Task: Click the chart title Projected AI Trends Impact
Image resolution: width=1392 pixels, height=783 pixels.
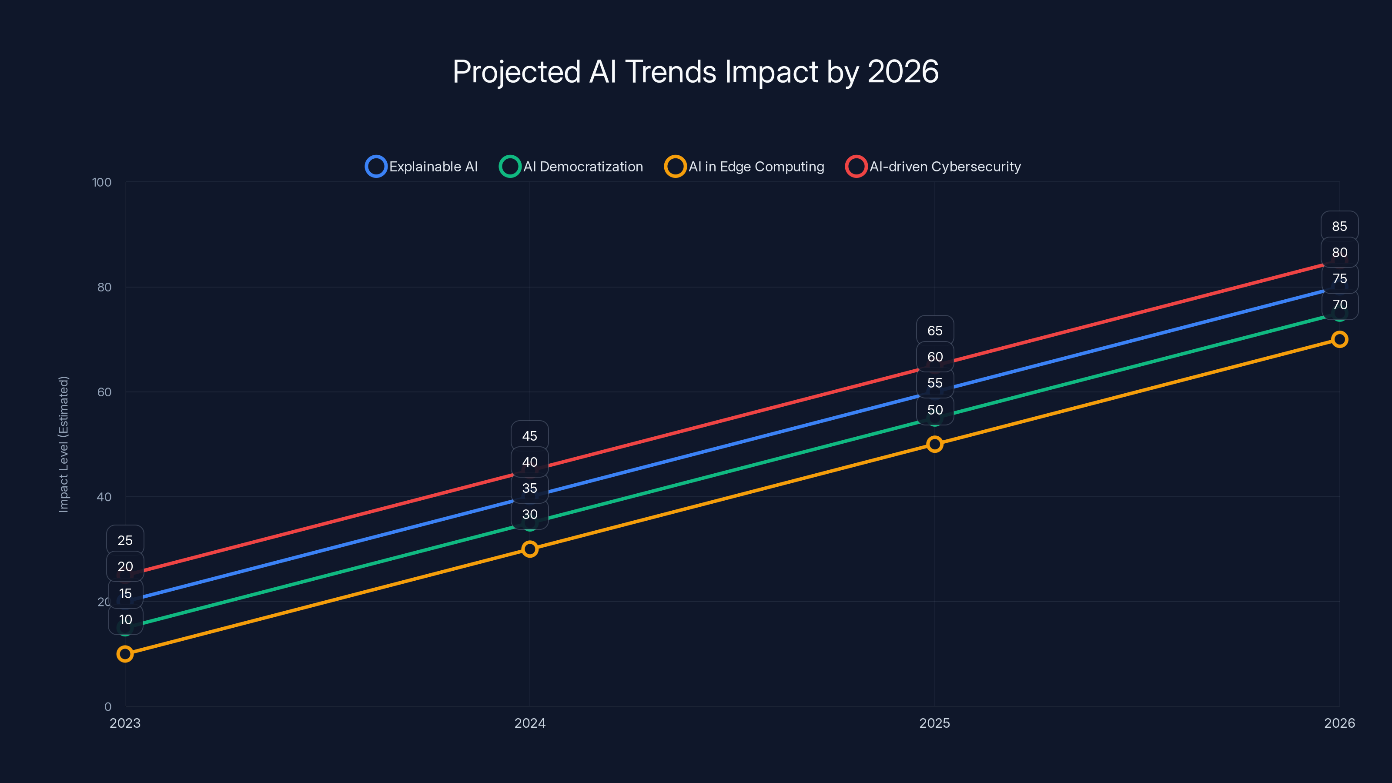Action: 696,72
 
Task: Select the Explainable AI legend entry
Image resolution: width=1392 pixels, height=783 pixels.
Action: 422,167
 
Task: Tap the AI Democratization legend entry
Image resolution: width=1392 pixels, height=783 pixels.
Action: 572,167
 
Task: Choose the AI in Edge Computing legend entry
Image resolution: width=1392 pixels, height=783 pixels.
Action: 745,167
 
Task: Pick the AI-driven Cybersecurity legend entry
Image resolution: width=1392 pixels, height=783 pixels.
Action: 933,167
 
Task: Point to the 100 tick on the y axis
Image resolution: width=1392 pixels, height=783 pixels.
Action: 102,183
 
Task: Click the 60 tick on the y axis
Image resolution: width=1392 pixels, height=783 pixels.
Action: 104,392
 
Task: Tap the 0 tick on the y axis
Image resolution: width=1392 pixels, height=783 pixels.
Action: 108,707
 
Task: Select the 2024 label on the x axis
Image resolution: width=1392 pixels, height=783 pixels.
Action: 529,723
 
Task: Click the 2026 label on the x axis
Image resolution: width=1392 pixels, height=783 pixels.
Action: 1339,723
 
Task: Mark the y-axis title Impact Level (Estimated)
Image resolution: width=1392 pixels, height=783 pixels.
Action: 64,444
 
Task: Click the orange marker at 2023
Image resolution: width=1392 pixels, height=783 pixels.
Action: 125,654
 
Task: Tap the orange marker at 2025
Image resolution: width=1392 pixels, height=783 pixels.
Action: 935,444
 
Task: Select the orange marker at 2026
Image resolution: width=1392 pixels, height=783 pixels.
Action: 1339,339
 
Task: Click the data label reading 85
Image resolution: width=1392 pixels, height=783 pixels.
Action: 1339,226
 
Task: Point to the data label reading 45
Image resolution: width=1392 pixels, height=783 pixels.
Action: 529,436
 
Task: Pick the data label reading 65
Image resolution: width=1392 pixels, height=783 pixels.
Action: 935,331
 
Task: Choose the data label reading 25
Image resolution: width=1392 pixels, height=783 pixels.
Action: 125,540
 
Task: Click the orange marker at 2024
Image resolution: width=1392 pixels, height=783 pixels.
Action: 529,549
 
